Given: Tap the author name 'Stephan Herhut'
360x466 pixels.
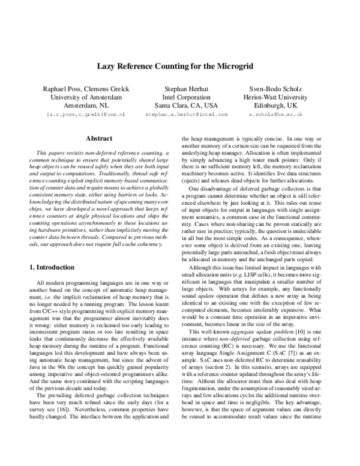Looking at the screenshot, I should coord(187,87).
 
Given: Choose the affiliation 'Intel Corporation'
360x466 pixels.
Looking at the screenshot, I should coord(187,95).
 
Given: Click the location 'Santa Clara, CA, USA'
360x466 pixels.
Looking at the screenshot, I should coord(187,104).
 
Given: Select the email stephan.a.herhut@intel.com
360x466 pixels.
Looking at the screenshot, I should coord(187,113).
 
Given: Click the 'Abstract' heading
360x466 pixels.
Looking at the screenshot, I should coord(99,138).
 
